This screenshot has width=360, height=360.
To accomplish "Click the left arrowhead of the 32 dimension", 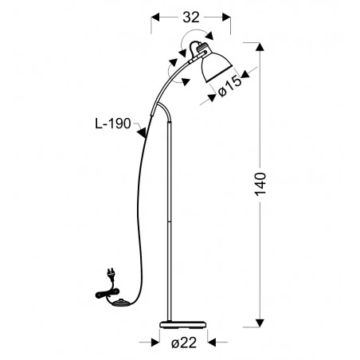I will (156, 15).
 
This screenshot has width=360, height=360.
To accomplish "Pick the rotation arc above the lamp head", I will (196, 37).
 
